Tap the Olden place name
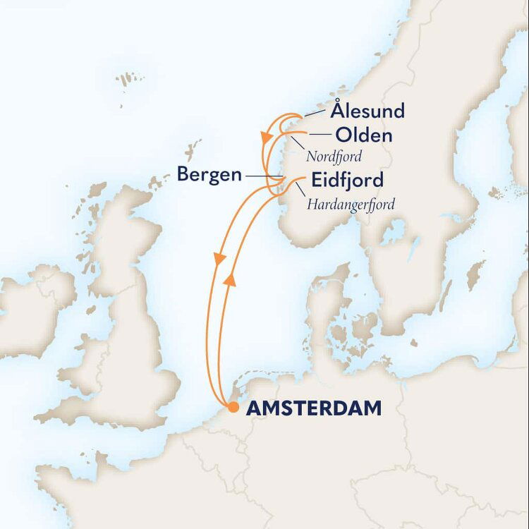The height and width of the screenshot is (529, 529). [x=364, y=135]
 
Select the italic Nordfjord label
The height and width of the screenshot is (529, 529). [x=336, y=157]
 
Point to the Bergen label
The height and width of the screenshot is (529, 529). [x=209, y=174]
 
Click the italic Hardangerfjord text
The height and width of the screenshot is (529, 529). [x=351, y=205]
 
